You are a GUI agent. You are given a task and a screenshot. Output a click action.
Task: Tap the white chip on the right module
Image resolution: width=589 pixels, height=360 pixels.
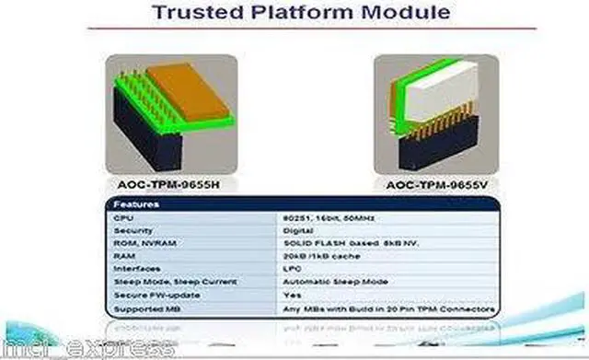[x=433, y=96]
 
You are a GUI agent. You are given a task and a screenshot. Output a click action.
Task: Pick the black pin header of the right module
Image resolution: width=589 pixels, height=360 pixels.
[x=438, y=150]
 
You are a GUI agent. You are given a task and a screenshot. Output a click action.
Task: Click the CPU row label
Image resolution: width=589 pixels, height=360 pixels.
[x=121, y=217]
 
